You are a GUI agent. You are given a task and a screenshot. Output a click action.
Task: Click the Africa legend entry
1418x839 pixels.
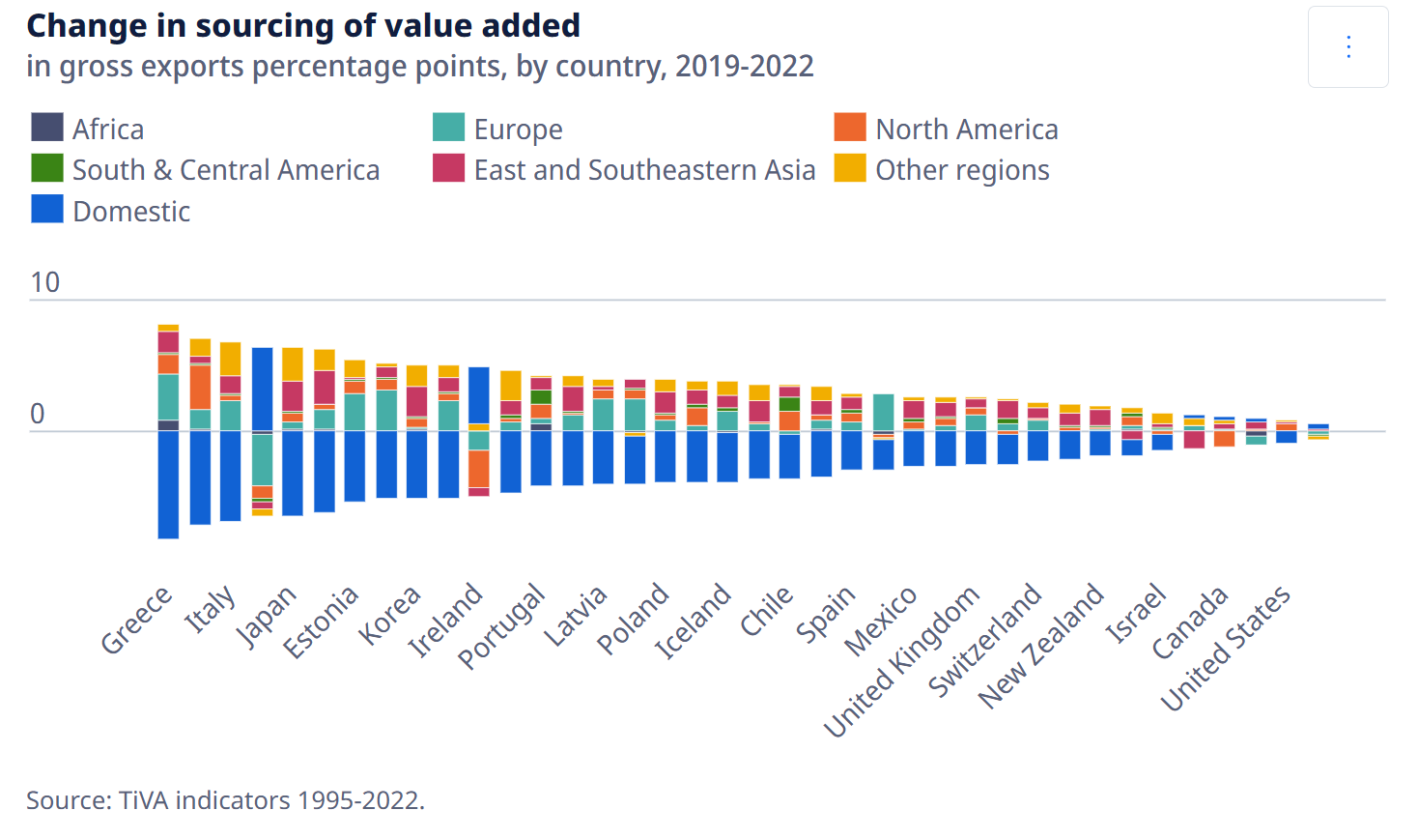tap(87, 129)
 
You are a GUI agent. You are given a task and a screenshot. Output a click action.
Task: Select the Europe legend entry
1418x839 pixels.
tap(497, 129)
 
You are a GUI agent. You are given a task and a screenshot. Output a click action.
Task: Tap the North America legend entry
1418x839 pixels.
tap(946, 129)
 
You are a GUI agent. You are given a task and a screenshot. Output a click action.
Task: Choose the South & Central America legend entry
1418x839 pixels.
tap(205, 169)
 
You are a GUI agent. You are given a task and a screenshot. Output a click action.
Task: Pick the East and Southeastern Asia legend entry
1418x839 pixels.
tap(624, 169)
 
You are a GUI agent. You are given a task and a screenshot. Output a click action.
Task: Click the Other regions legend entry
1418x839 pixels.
tap(942, 169)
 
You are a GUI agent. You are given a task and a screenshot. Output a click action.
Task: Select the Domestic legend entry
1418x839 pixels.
tap(110, 211)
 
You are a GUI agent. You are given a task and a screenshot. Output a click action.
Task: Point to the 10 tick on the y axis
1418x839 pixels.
tap(45, 282)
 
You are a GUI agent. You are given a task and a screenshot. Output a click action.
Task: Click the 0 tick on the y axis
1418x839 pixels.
tap(38, 414)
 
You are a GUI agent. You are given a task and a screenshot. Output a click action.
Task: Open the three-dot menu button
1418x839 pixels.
tap(1348, 47)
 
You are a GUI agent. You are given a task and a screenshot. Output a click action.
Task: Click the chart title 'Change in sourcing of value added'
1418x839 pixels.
tap(303, 26)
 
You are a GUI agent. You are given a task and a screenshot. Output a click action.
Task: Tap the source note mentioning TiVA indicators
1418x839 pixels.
tap(225, 800)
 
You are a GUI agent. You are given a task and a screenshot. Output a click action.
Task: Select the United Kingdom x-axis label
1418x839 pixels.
tap(901, 661)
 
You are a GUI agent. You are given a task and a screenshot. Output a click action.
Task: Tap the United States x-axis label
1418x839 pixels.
tap(1225, 648)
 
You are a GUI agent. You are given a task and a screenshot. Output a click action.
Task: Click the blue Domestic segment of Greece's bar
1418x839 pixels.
tap(168, 485)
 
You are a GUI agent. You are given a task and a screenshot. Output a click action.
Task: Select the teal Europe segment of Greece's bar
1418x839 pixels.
tap(168, 397)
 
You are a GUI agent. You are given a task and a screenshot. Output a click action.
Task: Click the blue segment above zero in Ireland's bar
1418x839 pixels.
tap(478, 395)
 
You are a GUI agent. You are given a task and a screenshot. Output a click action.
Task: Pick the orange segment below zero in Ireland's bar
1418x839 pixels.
tap(478, 469)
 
